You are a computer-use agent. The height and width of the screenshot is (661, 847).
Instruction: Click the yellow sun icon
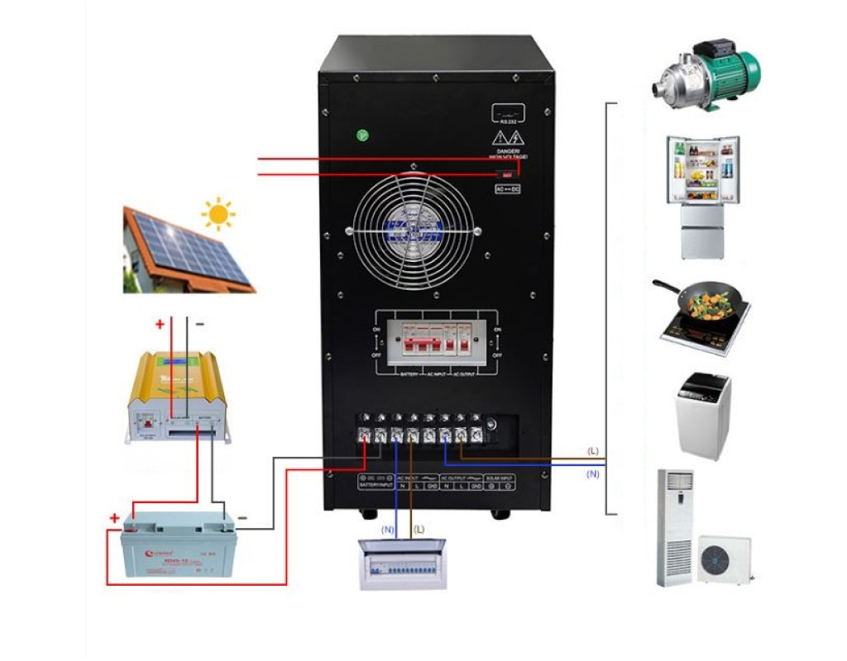[218, 214]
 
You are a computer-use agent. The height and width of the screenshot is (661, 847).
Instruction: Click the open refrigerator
[702, 198]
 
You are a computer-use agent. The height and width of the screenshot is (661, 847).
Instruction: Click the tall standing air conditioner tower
[674, 529]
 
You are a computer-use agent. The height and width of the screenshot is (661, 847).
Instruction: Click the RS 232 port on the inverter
[508, 112]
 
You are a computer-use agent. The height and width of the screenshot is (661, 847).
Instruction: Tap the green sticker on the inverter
[361, 136]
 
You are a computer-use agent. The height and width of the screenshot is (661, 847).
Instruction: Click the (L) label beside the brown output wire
[592, 451]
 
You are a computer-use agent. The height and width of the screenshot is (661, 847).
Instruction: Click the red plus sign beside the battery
[114, 519]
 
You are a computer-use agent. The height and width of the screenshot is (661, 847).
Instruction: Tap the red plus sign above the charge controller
[159, 325]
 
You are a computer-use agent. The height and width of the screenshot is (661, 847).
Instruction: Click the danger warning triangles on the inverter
[505, 137]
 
